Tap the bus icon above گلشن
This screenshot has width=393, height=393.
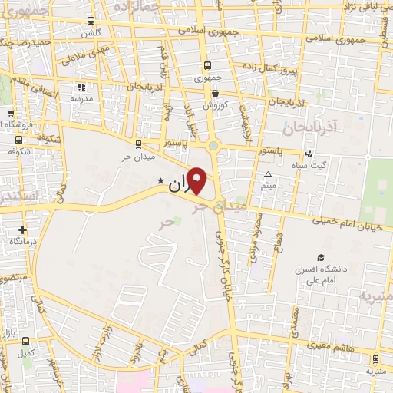point(91,21)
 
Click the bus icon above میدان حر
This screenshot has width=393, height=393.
point(138,144)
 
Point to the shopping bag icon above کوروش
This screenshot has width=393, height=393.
point(216,93)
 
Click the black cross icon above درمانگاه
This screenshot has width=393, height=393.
point(23,229)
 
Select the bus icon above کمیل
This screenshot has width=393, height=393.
point(26,341)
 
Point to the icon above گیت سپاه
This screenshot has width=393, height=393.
point(309,153)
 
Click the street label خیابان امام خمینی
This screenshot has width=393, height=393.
point(349,221)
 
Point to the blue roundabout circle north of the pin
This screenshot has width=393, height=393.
point(213,144)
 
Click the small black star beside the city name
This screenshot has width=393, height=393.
point(160,181)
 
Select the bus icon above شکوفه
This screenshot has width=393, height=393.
point(18,140)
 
